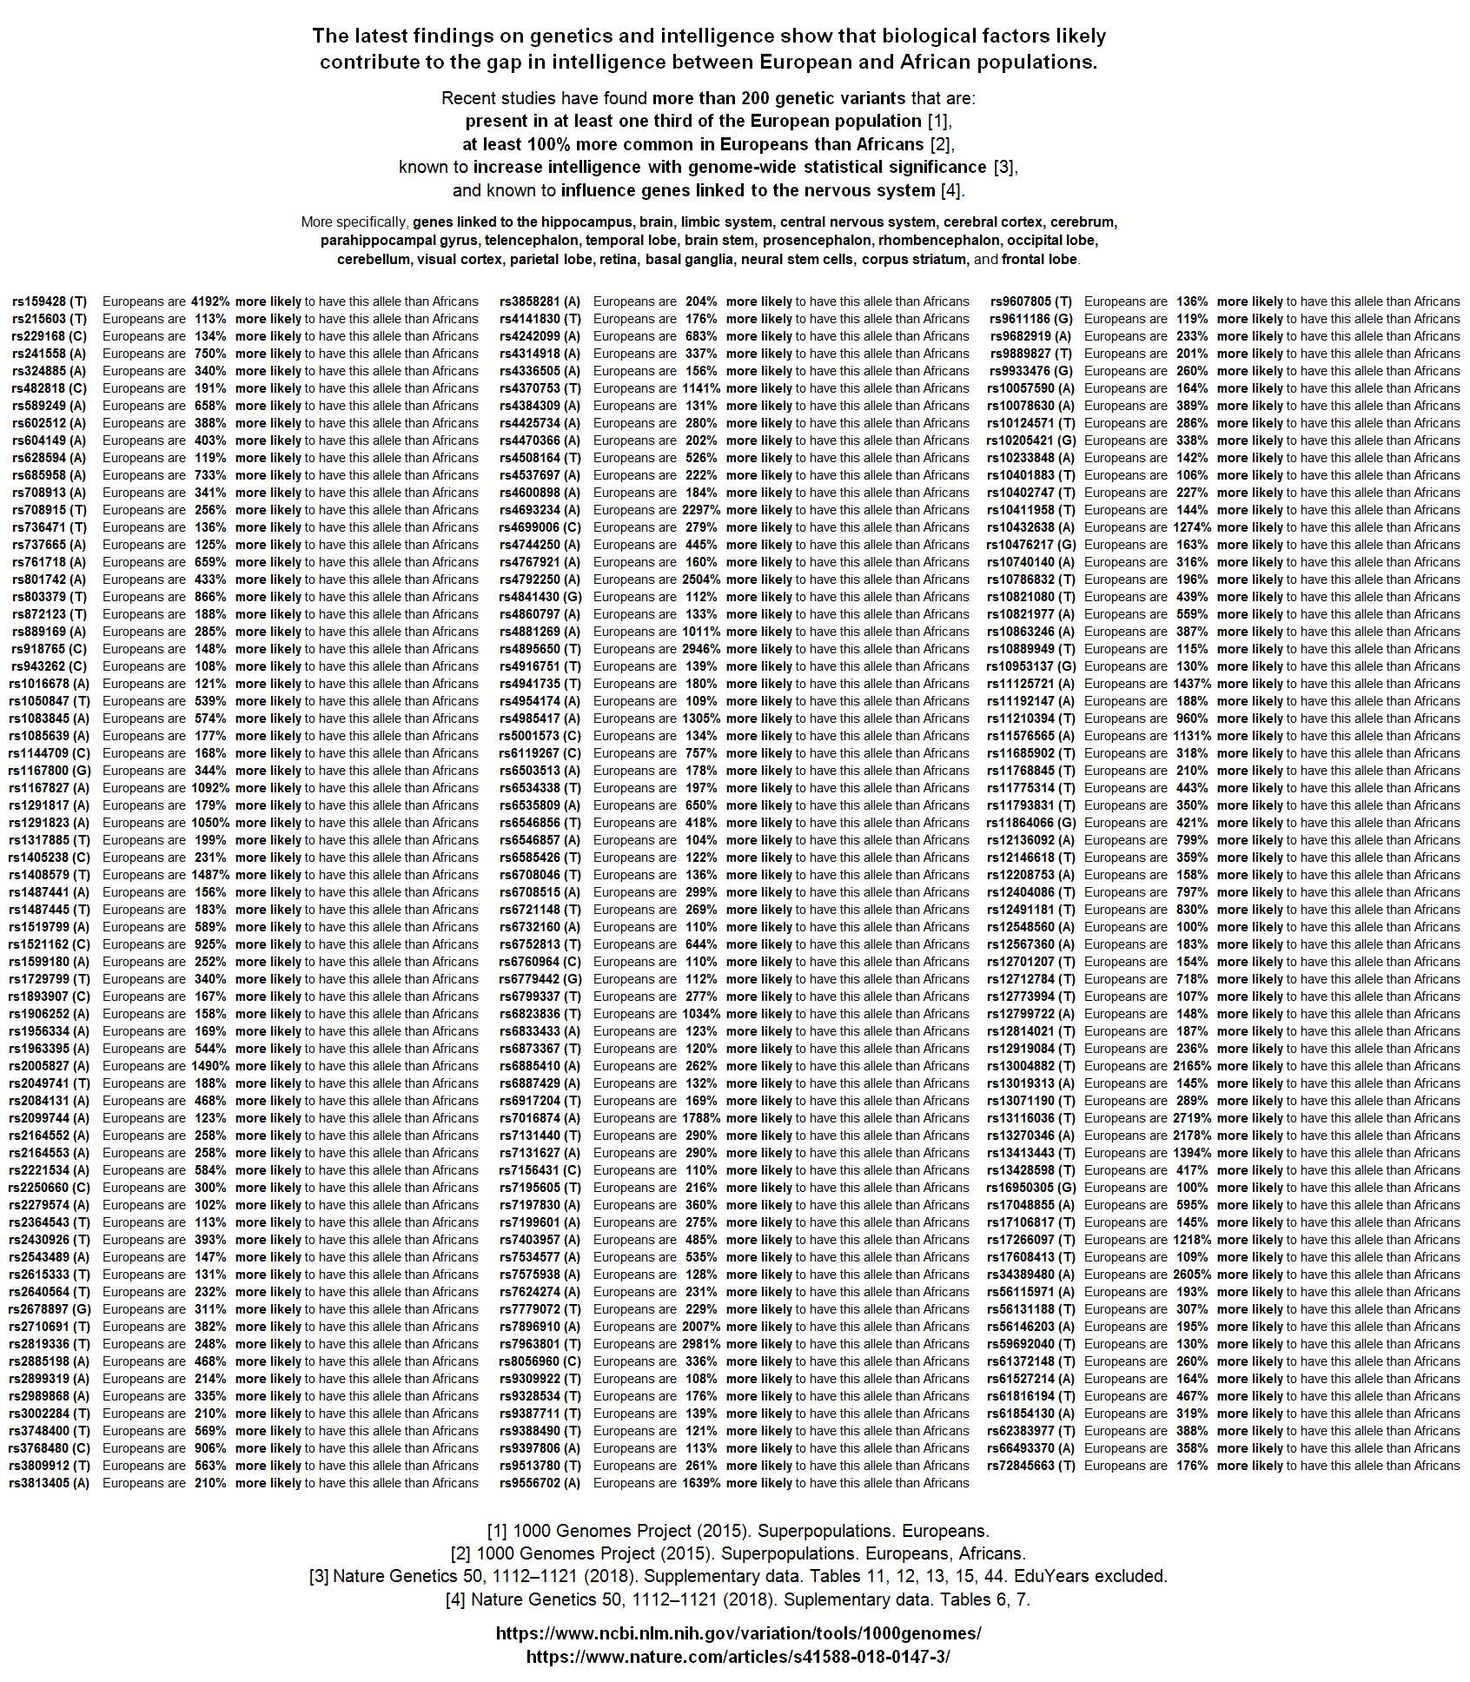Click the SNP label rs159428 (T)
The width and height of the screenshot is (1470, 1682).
click(50, 301)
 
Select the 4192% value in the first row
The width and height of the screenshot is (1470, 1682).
click(210, 301)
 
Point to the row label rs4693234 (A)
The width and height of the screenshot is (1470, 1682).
click(540, 510)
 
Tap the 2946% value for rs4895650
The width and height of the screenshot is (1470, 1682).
click(701, 649)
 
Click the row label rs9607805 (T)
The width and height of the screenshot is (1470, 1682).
click(1031, 301)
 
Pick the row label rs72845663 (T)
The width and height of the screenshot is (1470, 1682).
click(1031, 1466)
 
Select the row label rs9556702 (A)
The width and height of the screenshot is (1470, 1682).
click(540, 1483)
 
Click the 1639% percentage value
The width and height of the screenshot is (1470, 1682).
click(701, 1483)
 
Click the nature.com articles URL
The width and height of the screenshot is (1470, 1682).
click(738, 1657)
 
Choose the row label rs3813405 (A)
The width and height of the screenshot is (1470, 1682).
click(50, 1483)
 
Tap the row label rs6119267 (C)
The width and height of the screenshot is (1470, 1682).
click(540, 753)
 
